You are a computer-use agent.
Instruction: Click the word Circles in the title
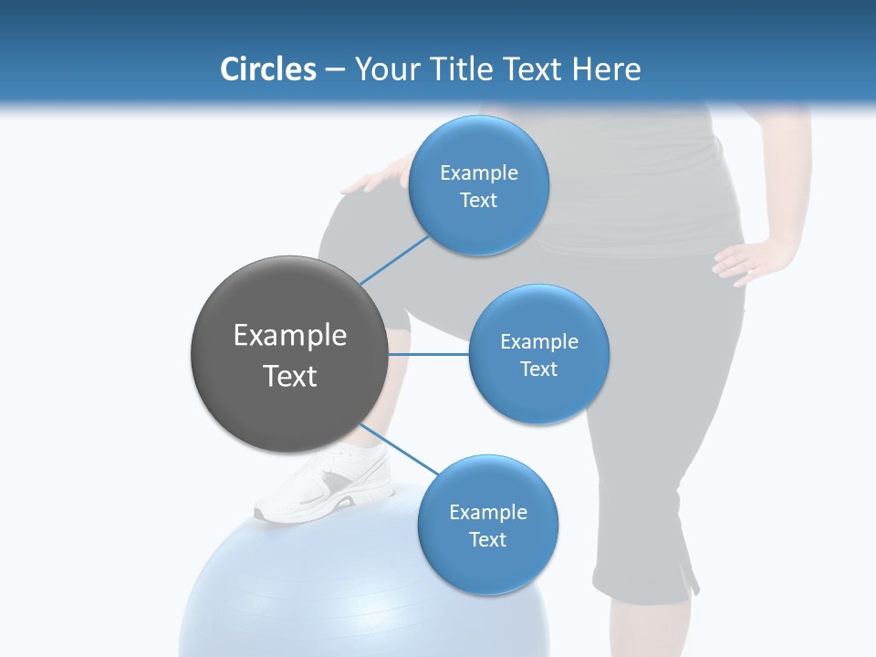click(x=267, y=68)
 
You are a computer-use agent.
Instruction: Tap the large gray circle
click(x=290, y=354)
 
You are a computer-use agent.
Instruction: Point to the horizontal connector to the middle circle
click(x=429, y=354)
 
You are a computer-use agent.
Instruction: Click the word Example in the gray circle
click(x=290, y=336)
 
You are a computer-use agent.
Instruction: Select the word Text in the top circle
click(x=479, y=200)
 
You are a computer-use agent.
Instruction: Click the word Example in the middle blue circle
click(x=539, y=342)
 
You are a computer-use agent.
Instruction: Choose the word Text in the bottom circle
click(x=487, y=539)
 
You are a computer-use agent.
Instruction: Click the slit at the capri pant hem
click(x=691, y=575)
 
